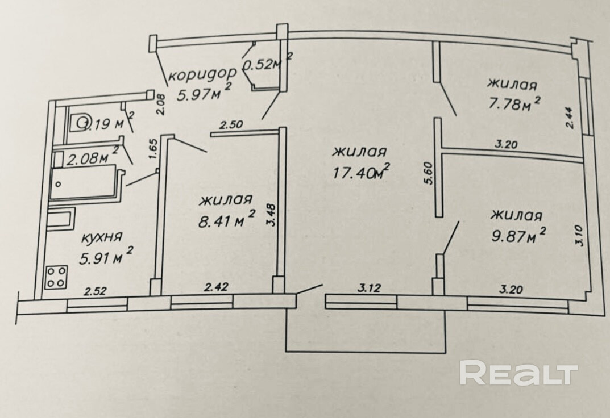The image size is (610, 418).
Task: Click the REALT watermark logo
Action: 518,373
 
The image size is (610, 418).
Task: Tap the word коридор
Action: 195,74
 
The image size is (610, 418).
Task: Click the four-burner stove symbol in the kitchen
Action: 56,277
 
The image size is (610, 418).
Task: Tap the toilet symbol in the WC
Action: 82,122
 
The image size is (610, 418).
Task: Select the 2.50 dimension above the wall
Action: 232,125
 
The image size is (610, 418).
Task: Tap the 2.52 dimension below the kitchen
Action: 95,291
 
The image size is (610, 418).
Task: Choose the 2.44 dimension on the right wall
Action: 571,119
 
